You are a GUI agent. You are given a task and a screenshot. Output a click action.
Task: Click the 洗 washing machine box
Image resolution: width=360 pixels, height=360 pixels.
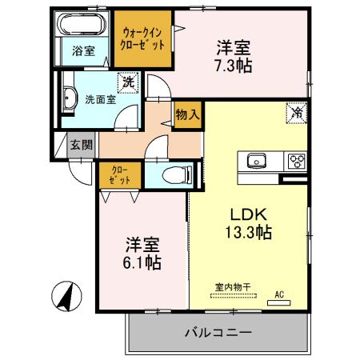pos(127,80)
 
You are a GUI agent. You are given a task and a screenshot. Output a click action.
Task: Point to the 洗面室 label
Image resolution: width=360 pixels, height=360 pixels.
pos(100,100)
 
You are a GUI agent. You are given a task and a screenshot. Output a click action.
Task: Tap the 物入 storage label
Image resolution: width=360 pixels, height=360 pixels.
pos(187,114)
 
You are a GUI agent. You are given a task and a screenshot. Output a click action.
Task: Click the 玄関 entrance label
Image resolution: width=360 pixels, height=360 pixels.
pos(80,144)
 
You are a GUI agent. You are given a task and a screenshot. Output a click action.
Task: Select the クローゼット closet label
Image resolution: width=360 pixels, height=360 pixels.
pos(120,174)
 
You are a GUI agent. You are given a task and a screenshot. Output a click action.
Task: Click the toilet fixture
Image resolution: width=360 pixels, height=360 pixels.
pos(174,174)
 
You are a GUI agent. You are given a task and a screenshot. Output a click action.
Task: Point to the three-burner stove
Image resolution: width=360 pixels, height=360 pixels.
pos(297,159)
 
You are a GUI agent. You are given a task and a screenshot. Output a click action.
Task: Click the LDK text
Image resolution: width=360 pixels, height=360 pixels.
pos(248,214)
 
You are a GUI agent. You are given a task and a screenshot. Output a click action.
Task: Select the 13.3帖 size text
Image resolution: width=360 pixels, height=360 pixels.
pos(248,233)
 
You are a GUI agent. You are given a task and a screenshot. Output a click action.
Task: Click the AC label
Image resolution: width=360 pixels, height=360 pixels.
pos(280,294)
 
